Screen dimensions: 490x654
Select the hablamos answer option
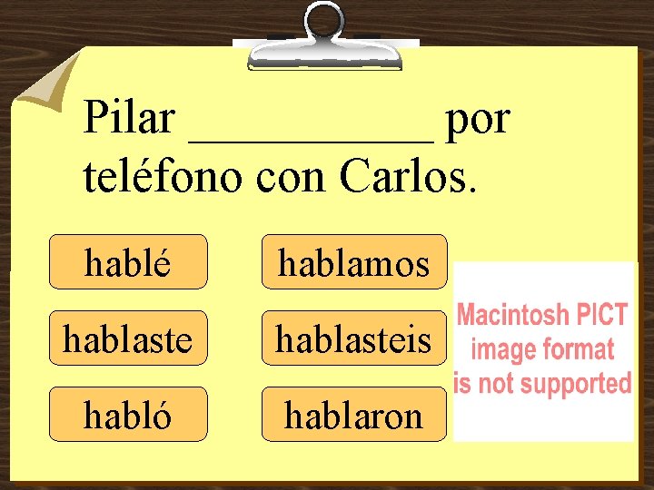tap(354, 262)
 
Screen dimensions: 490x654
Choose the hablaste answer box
tap(128, 338)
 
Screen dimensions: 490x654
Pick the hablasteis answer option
tap(354, 338)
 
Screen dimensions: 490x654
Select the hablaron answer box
tap(354, 415)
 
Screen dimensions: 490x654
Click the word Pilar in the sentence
tap(128, 119)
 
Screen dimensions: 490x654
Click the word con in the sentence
tap(292, 178)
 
